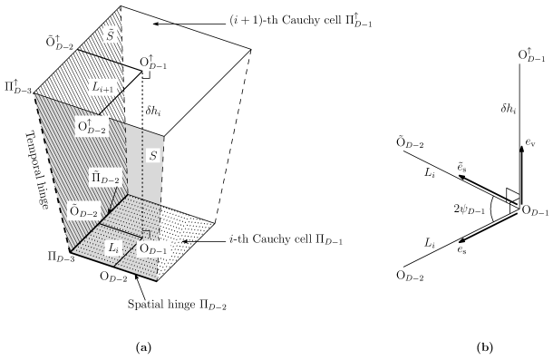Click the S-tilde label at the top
pyautogui.click(x=110, y=35)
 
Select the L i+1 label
pyautogui.click(x=103, y=87)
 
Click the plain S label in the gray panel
pyautogui.click(x=153, y=156)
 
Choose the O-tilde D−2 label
pyautogui.click(x=84, y=211)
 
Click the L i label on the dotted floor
pyautogui.click(x=113, y=247)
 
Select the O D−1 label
pyautogui.click(x=153, y=248)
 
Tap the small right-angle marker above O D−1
pyautogui.click(x=146, y=234)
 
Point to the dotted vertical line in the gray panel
pyautogui.click(x=142, y=172)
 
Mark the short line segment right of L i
pyautogui.click(x=130, y=251)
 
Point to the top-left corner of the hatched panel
pyautogui.click(x=34, y=94)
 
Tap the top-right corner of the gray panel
pyautogui.click(x=163, y=136)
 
